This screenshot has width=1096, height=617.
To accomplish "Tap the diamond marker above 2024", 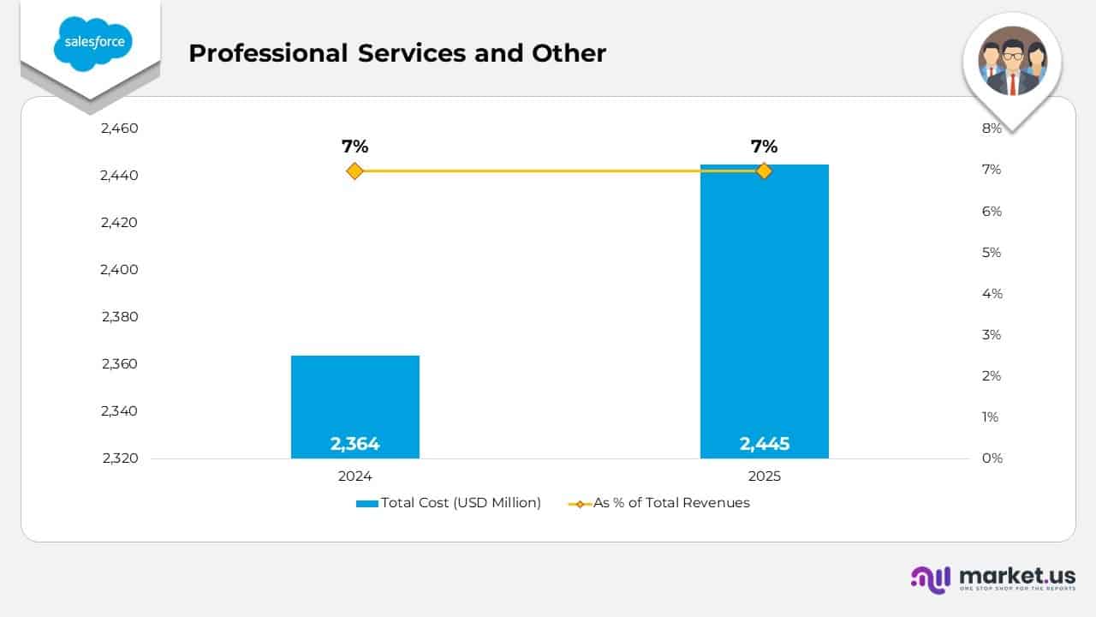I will (x=354, y=171).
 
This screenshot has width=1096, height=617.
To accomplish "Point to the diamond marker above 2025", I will (x=764, y=171).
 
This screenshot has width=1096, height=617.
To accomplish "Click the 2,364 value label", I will (x=354, y=444).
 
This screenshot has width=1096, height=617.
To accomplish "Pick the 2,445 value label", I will (x=764, y=444).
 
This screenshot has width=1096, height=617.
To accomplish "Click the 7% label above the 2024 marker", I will (x=354, y=147).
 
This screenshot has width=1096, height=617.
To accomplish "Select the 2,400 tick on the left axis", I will (x=119, y=270).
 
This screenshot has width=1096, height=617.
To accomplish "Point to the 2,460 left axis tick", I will (x=119, y=129).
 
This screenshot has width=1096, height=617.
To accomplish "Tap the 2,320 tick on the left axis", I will (x=119, y=458).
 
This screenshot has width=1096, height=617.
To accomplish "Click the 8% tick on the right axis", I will (x=992, y=129).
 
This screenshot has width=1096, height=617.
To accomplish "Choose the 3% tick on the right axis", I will (x=992, y=335).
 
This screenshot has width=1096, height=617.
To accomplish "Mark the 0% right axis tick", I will (x=992, y=458).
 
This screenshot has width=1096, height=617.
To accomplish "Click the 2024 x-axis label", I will (x=354, y=476).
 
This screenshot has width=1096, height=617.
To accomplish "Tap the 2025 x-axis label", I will (x=764, y=476).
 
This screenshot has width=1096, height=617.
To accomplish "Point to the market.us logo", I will (x=993, y=578).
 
